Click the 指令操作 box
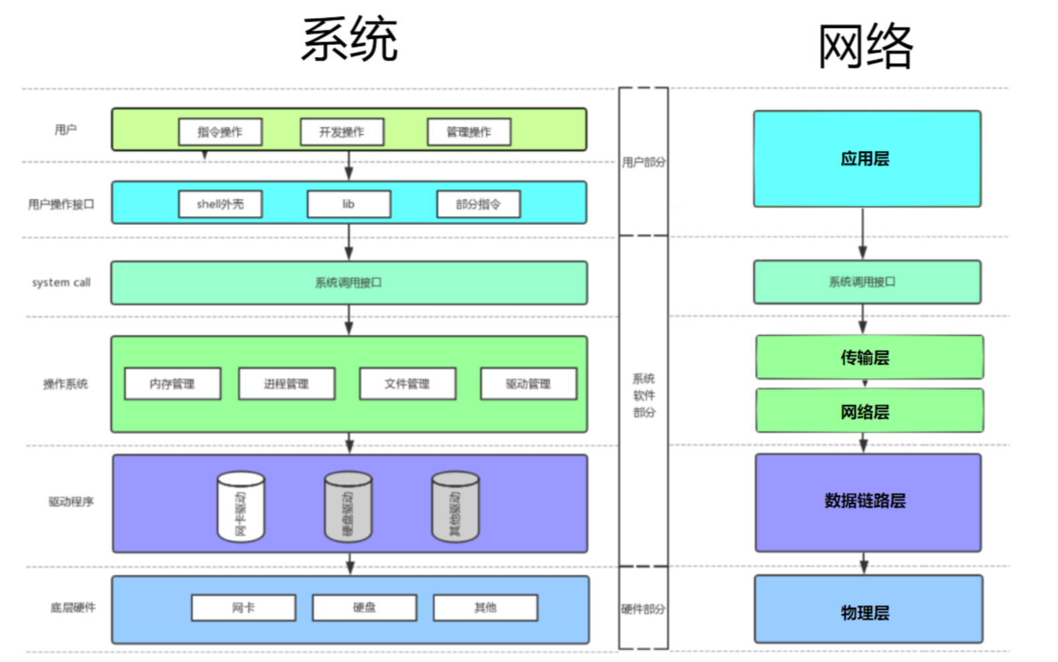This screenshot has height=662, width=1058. pos(220,131)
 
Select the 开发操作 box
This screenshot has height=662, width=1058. pos(342,131)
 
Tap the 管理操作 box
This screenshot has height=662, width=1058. pos(469,131)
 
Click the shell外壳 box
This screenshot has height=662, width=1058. pos(220,204)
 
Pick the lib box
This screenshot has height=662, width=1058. pos(348,204)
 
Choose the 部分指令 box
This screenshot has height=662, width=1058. pos(478,204)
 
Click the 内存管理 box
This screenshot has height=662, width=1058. pos(172,384)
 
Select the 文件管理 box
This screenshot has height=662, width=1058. pos(407,384)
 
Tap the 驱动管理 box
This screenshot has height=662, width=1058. pos(528,384)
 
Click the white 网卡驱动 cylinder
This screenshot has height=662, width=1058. pos(241,508)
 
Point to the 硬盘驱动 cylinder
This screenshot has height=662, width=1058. pos(348,508)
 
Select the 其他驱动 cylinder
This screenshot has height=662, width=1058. pos(456,508)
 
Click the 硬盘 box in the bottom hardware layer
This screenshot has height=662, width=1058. pos(365,608)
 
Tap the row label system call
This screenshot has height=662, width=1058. pos(61,282)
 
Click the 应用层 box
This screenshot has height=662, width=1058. pos(866,159)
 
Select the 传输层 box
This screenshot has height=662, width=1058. pos(869,357)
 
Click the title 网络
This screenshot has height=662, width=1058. pos(865,46)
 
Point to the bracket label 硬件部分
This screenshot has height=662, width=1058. pos(643,609)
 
